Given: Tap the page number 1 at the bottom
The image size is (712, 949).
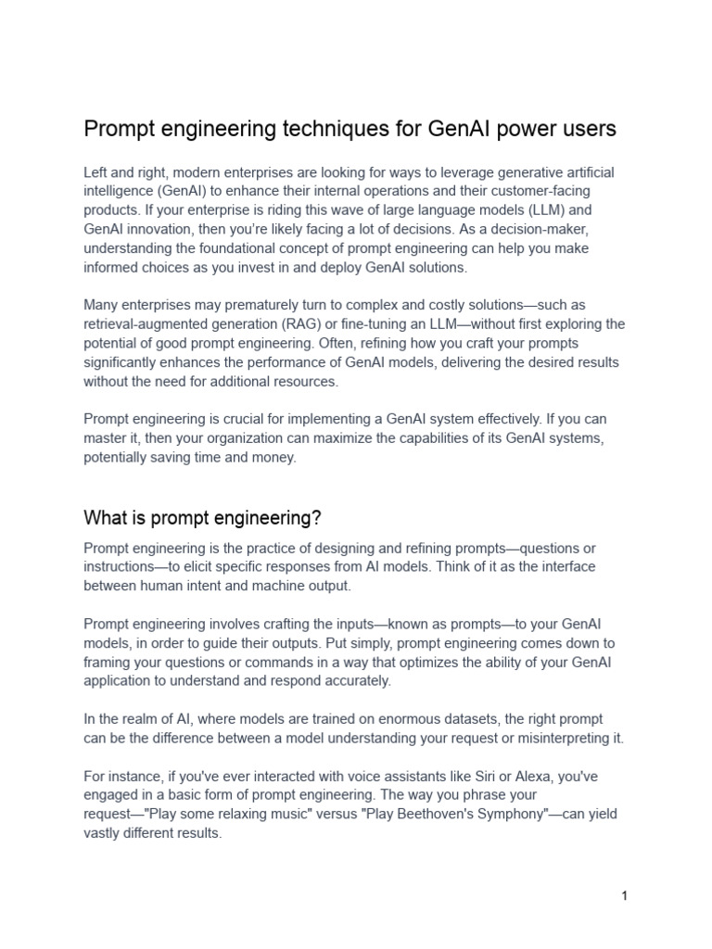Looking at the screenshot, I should (x=625, y=895).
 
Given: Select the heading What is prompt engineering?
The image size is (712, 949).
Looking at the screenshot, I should (x=202, y=516).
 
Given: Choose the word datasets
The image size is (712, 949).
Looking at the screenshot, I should (x=455, y=719).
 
